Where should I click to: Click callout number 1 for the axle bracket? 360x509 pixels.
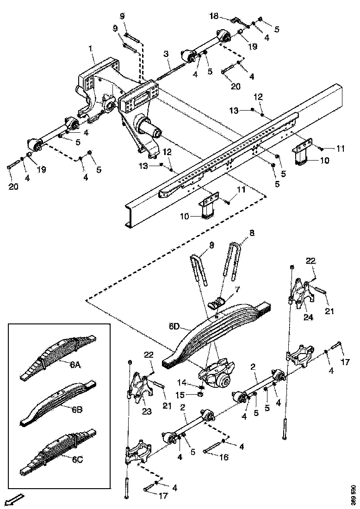click(x=91, y=48)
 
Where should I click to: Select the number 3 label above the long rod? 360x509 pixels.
click(x=165, y=55)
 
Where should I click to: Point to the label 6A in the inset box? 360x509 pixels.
click(x=75, y=365)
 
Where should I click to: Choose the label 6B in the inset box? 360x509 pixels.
click(x=77, y=409)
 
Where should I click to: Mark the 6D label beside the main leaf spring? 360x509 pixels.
click(x=174, y=326)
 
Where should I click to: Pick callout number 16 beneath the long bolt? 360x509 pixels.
click(x=223, y=457)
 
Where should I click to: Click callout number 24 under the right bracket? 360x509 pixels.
click(x=308, y=317)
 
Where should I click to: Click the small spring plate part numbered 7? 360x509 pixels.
click(x=216, y=304)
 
